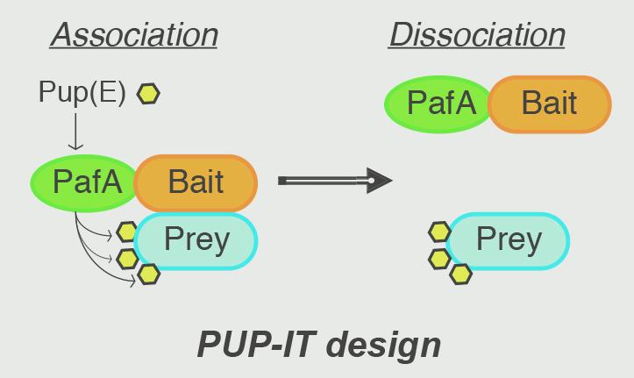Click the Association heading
tap(133, 35)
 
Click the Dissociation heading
tap(477, 35)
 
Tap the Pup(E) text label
tap(82, 92)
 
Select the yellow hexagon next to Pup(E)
tap(149, 93)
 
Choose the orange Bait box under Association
tap(196, 182)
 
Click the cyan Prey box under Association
tap(196, 240)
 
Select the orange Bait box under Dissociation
tap(549, 103)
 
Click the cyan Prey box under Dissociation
tap(509, 240)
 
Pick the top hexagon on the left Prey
tap(127, 232)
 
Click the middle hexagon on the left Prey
tap(128, 259)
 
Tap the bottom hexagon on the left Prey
tap(149, 275)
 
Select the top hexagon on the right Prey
tap(439, 232)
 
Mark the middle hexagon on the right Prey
tap(439, 259)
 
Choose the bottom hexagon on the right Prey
tap(460, 275)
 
